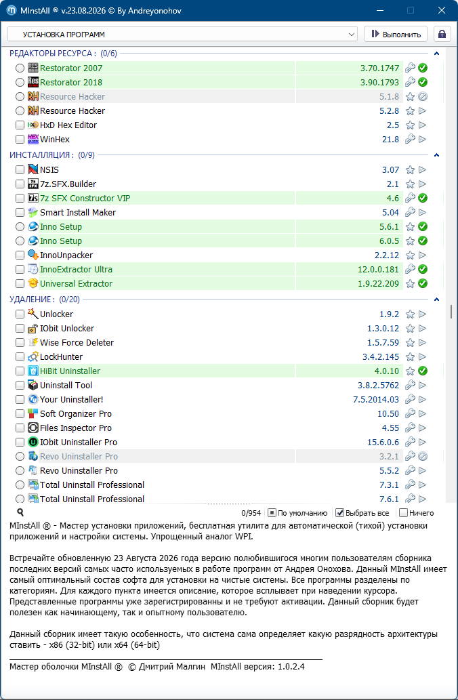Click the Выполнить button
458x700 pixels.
pyautogui.click(x=396, y=35)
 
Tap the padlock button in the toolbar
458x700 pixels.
pyautogui.click(x=442, y=35)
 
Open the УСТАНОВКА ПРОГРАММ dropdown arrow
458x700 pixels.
pyautogui.click(x=352, y=35)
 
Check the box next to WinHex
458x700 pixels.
pyautogui.click(x=20, y=140)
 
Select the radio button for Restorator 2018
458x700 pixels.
pyautogui.click(x=20, y=82)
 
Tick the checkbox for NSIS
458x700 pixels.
pyautogui.click(x=20, y=169)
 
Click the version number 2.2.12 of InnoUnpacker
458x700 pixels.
pyautogui.click(x=387, y=255)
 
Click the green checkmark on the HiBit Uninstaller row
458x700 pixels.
pyautogui.click(x=423, y=371)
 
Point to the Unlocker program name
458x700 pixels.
pyautogui.click(x=57, y=314)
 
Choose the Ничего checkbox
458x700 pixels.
pyautogui.click(x=404, y=513)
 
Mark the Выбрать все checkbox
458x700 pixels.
pyautogui.click(x=339, y=513)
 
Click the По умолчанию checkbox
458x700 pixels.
pyautogui.click(x=272, y=513)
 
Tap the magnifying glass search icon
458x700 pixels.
pyautogui.click(x=20, y=512)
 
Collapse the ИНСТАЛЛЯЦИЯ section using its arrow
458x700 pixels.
pyautogui.click(x=437, y=155)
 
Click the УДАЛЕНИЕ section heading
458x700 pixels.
pyautogui.click(x=32, y=300)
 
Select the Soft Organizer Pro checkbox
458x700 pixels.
pyautogui.click(x=20, y=414)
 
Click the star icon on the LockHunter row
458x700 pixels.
pyautogui.click(x=410, y=356)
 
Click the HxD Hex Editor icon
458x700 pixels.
pyautogui.click(x=33, y=125)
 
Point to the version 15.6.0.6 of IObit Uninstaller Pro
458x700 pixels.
pyautogui.click(x=383, y=442)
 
